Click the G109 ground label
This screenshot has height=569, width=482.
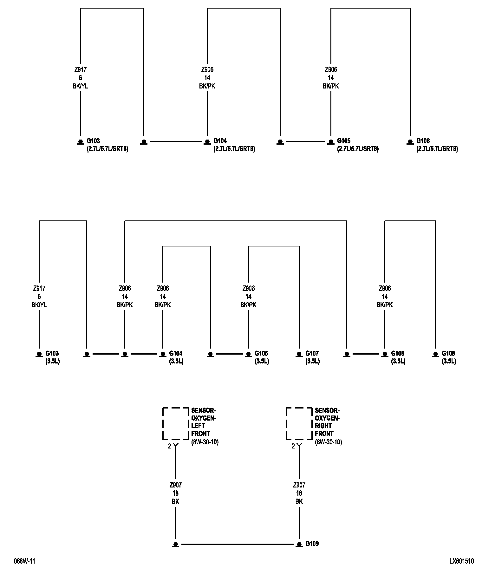[x=312, y=544]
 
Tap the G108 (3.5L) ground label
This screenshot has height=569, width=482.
[x=449, y=357]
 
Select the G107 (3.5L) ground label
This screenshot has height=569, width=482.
[x=312, y=357]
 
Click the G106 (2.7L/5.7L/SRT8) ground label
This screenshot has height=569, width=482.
[x=437, y=145]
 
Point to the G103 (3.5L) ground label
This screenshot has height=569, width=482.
[x=52, y=357]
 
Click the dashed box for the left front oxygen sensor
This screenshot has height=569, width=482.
[x=175, y=423]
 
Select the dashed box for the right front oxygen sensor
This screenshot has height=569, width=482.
[x=299, y=423]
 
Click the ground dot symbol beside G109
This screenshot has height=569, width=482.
[x=299, y=544]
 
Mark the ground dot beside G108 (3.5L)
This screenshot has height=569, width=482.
[x=435, y=354]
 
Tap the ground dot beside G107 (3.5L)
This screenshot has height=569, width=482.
[x=299, y=354]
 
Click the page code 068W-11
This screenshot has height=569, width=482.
[x=24, y=561]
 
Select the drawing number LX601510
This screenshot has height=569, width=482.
[x=461, y=561]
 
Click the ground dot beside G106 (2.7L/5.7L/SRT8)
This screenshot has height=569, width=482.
[x=410, y=141]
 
